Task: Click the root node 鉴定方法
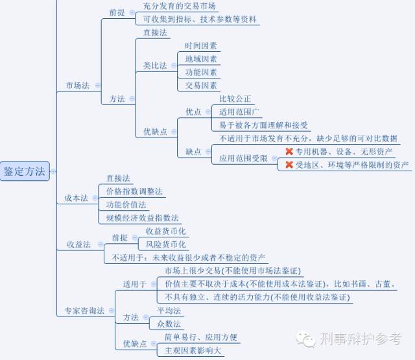(25, 171)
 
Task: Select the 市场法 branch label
(77, 86)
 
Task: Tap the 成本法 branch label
(77, 198)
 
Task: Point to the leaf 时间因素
(201, 46)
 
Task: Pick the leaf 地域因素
(201, 59)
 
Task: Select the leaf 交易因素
(201, 85)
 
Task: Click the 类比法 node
(155, 66)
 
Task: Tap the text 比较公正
(235, 99)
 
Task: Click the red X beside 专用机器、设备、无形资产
(289, 151)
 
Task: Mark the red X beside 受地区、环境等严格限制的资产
(289, 165)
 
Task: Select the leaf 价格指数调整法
(134, 191)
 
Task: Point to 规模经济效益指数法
(142, 218)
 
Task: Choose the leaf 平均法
(169, 311)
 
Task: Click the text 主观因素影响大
(193, 350)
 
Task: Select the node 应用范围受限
(243, 158)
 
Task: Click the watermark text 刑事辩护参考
(360, 339)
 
